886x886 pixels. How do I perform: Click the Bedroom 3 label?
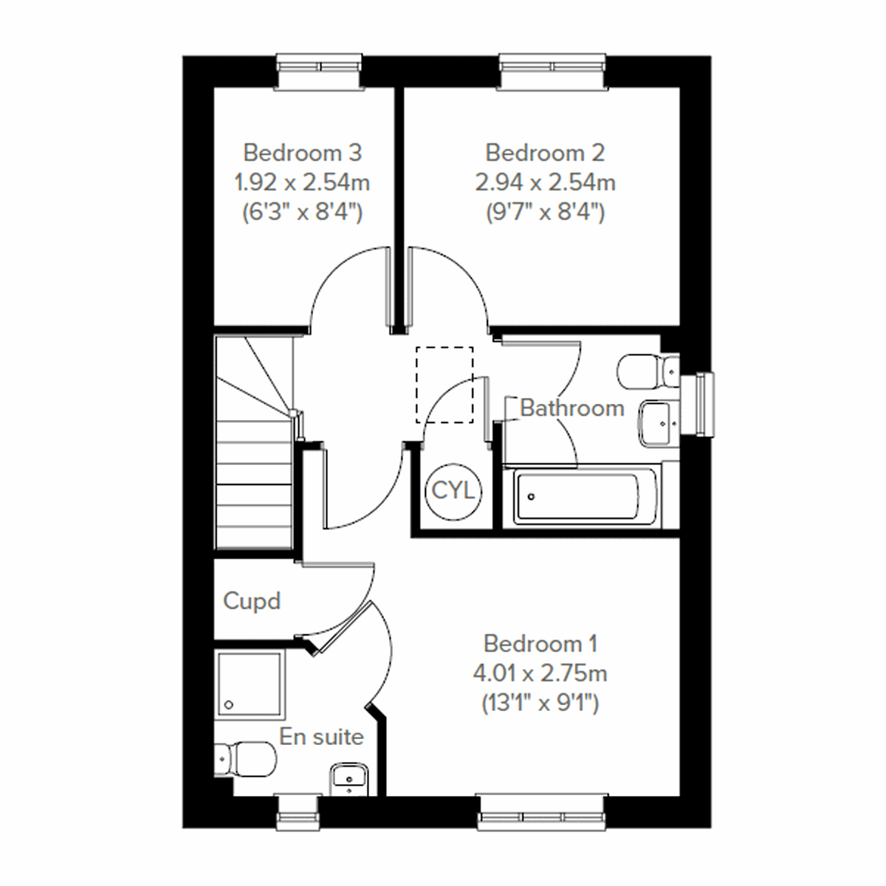[x=302, y=153]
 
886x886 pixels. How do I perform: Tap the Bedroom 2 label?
[x=545, y=153]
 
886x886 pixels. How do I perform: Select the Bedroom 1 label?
[x=540, y=644]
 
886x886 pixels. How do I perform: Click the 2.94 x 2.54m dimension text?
[x=545, y=182]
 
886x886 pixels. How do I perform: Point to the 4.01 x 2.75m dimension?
[x=540, y=673]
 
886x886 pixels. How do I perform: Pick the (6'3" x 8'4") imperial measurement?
[x=302, y=213]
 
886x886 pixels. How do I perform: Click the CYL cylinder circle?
[x=453, y=491]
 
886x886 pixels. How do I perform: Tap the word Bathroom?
[x=572, y=408]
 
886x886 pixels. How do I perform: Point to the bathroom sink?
[x=659, y=423]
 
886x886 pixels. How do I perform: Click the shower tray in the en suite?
[x=249, y=684]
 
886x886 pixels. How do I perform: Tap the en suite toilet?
[x=244, y=758]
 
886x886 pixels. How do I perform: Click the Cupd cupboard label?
[x=252, y=601]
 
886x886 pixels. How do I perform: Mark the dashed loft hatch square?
[x=444, y=385]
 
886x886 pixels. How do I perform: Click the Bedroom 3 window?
[x=320, y=71]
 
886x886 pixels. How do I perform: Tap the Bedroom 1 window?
[x=543, y=811]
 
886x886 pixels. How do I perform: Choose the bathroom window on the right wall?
[x=698, y=403]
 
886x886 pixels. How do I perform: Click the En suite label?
[x=321, y=737]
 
